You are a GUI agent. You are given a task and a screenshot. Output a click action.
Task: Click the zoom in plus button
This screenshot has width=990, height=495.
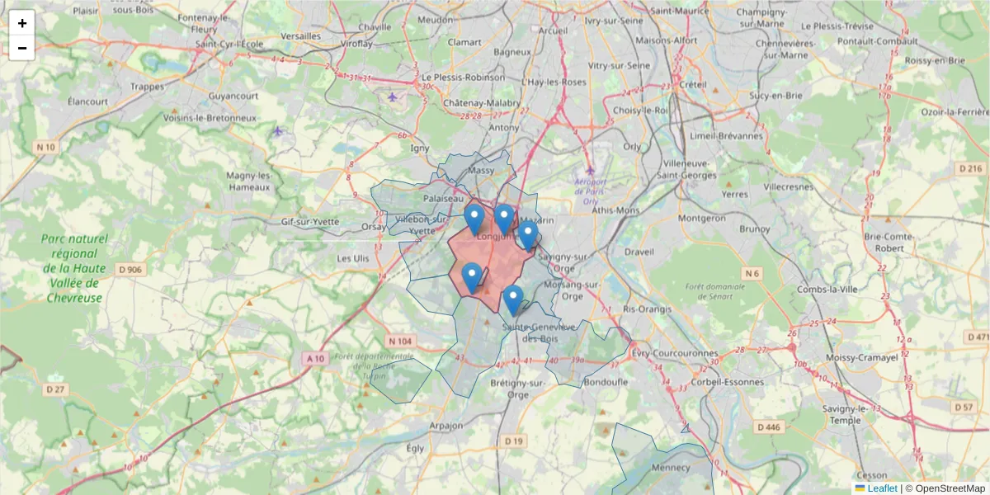tap(22, 23)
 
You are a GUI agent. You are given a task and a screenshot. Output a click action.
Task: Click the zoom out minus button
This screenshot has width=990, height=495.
tap(22, 48)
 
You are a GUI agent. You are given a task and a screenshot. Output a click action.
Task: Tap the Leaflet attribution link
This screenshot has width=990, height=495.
tap(882, 488)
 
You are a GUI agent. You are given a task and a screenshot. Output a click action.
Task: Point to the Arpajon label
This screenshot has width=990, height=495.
tap(423, 426)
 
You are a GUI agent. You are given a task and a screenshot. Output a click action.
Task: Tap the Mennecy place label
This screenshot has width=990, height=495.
tap(671, 467)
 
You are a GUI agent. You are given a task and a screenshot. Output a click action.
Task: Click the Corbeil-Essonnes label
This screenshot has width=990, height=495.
tap(730, 382)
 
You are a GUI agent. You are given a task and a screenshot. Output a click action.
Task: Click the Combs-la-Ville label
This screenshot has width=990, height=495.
tap(830, 289)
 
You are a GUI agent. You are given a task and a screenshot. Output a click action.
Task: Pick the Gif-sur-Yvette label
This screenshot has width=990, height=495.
tap(310, 221)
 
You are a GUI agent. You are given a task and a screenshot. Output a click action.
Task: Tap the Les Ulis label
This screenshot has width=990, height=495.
tap(353, 258)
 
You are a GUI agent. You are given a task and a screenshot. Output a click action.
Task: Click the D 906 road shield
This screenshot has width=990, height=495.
tap(130, 269)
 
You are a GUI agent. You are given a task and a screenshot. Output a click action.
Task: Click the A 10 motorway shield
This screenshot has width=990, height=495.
tap(315, 358)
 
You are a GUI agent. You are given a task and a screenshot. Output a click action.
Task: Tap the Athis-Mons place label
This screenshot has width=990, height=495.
tap(615, 210)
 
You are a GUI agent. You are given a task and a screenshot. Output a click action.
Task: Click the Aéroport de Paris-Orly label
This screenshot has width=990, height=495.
tap(591, 191)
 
